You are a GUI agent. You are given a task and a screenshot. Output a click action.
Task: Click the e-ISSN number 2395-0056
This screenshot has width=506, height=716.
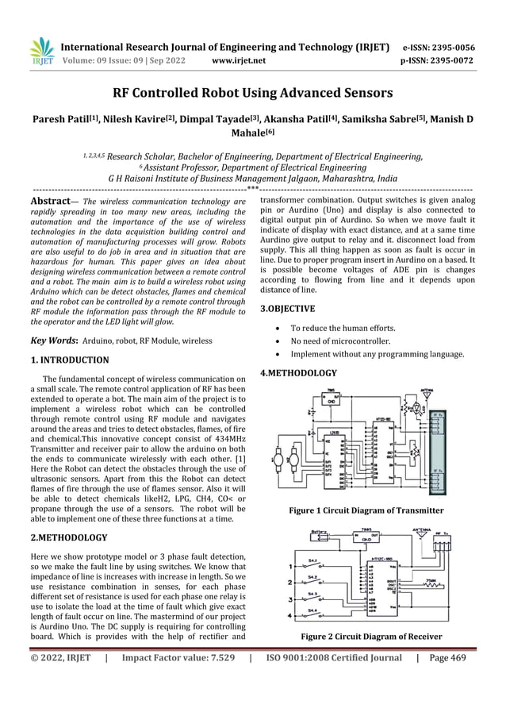pos(452,47)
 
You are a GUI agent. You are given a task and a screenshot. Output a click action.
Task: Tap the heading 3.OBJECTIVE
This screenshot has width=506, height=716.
pos(287,308)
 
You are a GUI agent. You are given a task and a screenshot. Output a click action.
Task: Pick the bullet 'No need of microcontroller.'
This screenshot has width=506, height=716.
pos(340,341)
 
